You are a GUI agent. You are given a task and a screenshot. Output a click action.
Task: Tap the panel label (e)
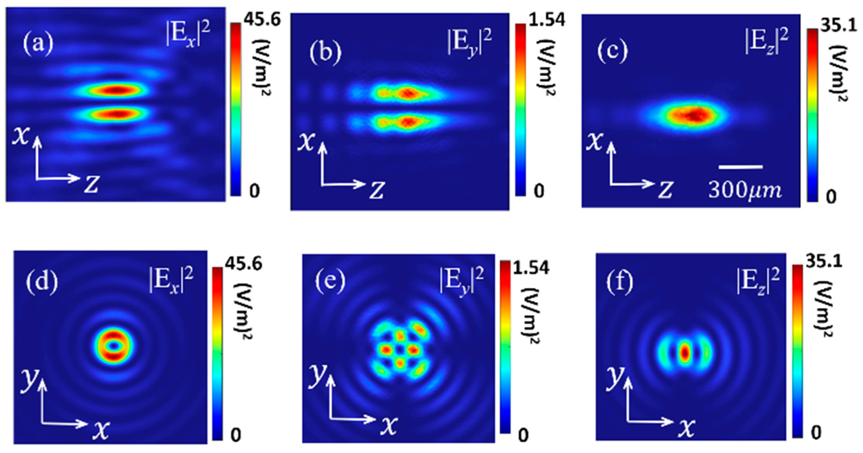330,282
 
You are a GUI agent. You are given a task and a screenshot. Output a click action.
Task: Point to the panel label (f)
619,282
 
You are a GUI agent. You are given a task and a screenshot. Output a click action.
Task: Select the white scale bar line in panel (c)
740,167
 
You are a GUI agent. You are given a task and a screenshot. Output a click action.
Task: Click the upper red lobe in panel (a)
115,89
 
